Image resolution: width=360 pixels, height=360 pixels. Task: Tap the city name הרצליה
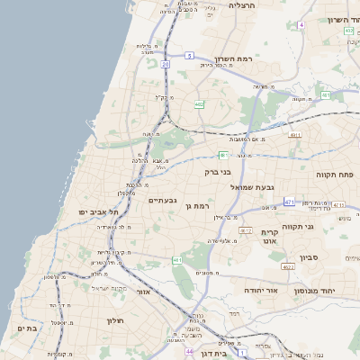243,5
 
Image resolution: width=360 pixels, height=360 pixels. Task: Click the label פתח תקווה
333,172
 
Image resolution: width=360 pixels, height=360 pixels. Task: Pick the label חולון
114,320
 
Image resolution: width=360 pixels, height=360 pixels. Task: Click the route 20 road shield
166,64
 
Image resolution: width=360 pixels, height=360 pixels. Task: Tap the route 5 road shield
190,56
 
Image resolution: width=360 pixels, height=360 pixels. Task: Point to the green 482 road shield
199,105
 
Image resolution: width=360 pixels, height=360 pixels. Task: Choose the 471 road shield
289,202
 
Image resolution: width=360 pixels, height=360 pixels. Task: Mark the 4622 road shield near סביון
287,267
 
